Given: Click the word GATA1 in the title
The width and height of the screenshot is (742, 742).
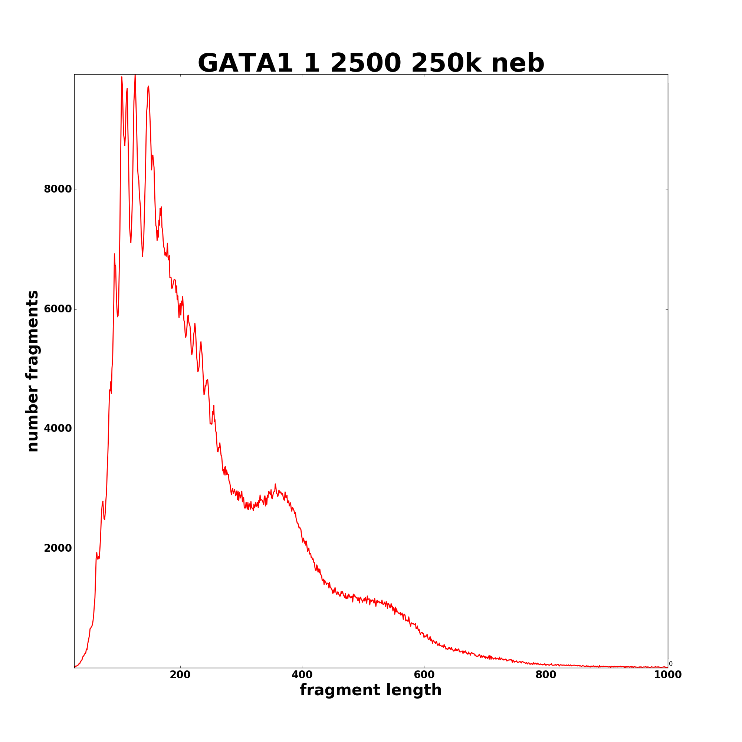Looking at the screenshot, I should (x=245, y=63).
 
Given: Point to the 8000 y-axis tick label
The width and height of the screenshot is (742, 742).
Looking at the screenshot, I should (x=58, y=189).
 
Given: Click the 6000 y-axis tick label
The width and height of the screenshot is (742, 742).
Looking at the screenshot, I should (x=58, y=309).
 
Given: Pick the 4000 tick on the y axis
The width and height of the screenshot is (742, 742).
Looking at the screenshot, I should (x=58, y=429).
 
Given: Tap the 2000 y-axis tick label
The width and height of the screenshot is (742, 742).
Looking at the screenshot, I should (x=58, y=548).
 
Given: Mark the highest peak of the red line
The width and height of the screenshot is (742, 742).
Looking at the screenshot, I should (x=135, y=75).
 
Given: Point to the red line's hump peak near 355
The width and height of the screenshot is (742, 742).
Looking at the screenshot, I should (x=275, y=485).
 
